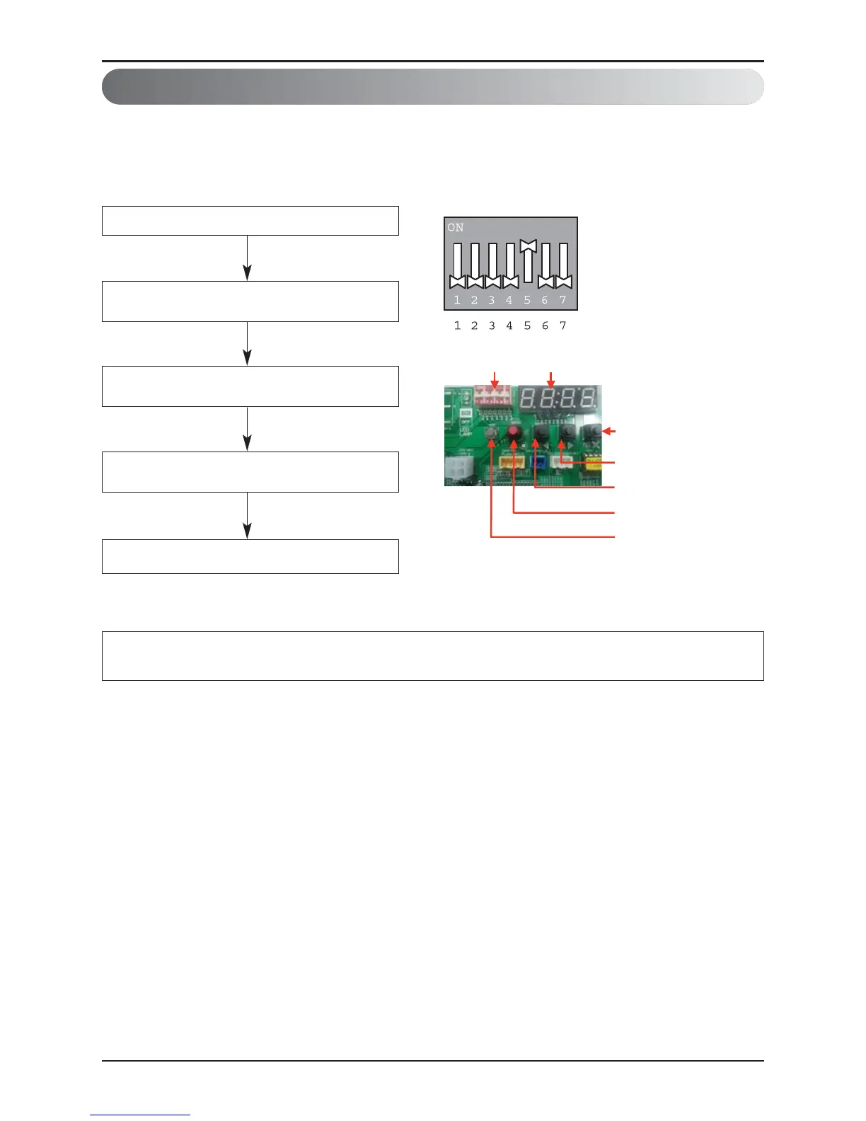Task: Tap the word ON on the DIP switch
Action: coord(455,227)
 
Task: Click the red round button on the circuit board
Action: coord(514,432)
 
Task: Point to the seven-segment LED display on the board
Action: coord(559,398)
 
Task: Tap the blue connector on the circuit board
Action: coord(537,466)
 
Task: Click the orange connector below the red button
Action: coord(511,463)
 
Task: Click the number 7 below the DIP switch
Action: coord(562,326)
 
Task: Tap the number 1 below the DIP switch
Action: coord(457,326)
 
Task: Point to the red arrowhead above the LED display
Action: coord(551,383)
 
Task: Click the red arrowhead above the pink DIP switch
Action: coord(495,383)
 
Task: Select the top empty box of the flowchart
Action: coord(250,221)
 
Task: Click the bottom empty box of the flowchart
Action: coord(250,556)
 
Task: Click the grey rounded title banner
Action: coord(432,87)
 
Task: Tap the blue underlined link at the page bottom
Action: coord(139,1115)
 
